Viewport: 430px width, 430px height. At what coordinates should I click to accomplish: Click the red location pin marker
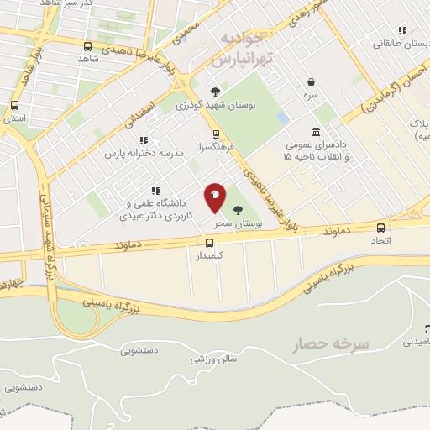coord(215,197)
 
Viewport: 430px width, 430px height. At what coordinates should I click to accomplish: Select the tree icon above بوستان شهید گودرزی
coord(216,92)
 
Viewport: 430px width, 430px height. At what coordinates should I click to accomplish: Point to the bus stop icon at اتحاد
coord(381,228)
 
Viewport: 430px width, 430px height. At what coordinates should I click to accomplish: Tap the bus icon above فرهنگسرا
coord(217,134)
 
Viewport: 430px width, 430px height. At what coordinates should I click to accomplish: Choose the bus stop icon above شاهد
coord(89,46)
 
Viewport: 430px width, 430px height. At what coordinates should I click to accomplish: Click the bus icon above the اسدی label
coord(14,106)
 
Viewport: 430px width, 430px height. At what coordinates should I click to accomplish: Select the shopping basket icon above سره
coord(312,82)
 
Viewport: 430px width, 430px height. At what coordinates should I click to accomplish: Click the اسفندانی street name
coord(143,117)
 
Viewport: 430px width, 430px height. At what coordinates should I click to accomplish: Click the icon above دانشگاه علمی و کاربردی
coord(156,191)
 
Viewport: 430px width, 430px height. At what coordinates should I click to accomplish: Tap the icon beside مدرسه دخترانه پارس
coord(144,140)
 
